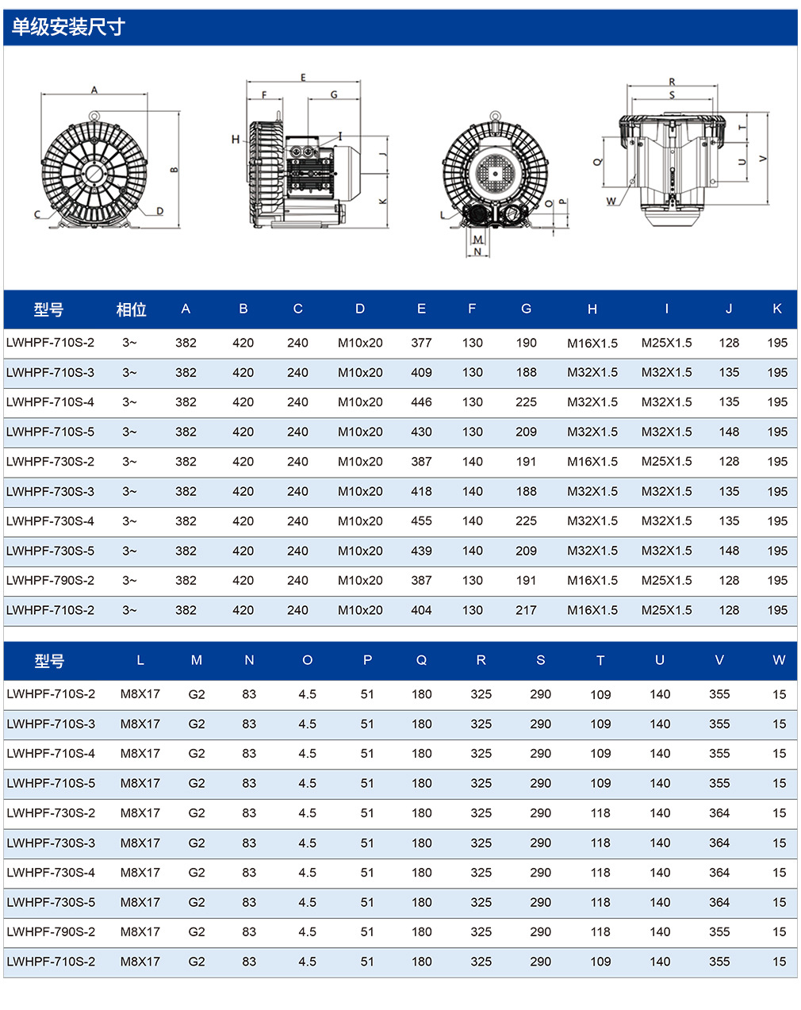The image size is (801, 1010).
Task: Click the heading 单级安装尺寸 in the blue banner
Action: [x=68, y=27]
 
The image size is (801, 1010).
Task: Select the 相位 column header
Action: [x=132, y=309]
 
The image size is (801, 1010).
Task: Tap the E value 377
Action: [x=421, y=343]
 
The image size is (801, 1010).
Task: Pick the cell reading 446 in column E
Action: [x=421, y=402]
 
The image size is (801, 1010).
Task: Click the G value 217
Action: [x=526, y=610]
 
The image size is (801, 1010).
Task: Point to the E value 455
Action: [x=421, y=521]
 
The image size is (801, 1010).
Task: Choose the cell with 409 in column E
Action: [x=421, y=373]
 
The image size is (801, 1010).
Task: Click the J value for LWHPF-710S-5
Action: [x=729, y=432]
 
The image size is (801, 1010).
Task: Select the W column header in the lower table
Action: [x=779, y=660]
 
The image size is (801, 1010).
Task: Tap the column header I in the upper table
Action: [x=666, y=309]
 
